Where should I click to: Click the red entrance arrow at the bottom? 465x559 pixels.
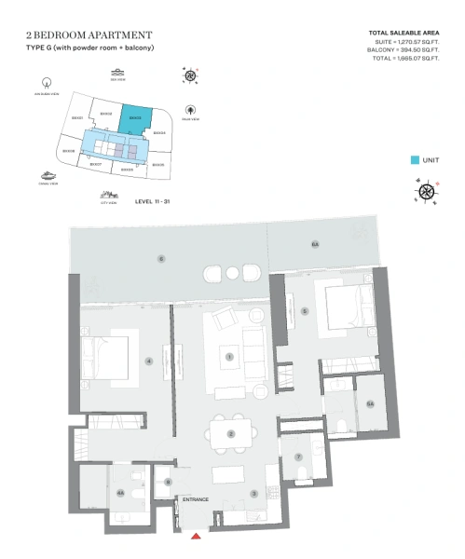(x=196, y=536)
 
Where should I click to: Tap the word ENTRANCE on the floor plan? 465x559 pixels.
(x=196, y=500)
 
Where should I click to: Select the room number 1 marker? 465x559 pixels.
(x=228, y=355)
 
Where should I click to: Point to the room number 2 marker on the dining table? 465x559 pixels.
(x=230, y=433)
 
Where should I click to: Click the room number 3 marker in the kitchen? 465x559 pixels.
(x=253, y=493)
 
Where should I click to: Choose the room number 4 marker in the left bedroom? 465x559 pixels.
(x=147, y=361)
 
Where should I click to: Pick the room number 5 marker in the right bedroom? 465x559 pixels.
(x=304, y=311)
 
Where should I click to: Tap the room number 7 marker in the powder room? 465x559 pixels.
(x=298, y=457)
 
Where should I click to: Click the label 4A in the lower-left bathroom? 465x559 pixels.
(x=120, y=493)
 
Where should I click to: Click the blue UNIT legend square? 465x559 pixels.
(x=415, y=160)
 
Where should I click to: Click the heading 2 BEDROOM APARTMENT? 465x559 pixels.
(x=89, y=35)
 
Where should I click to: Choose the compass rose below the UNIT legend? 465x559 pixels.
(x=428, y=193)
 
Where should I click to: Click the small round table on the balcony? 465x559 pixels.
(x=231, y=273)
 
